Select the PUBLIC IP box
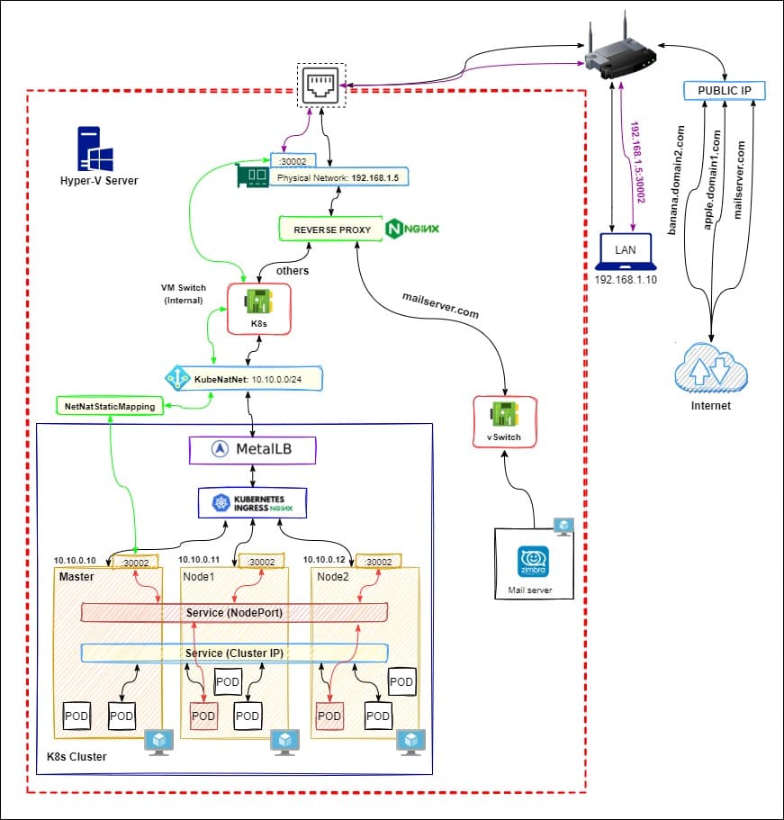coord(725,91)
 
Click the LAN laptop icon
coord(628,254)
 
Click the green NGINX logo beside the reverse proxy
coord(412,230)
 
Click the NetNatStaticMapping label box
coord(110,407)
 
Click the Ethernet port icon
coord(322,86)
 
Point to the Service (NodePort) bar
coord(234,613)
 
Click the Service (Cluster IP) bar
coord(234,653)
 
